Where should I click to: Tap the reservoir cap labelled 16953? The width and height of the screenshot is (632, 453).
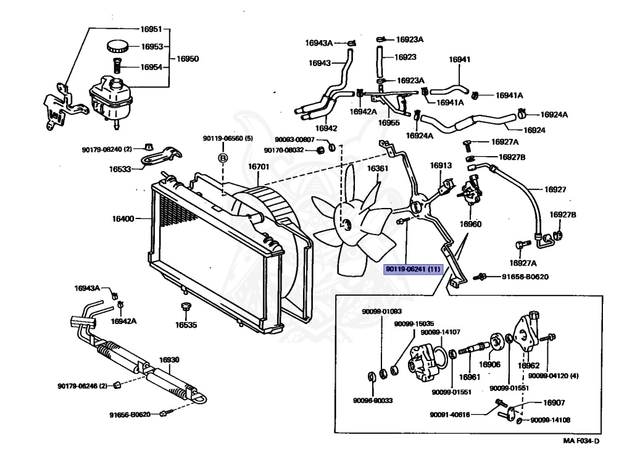pos(116,46)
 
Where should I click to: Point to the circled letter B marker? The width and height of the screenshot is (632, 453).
pos(223,158)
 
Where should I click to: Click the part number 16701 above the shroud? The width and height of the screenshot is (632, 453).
pos(259,167)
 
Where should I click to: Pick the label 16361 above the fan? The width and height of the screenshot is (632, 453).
pos(377,168)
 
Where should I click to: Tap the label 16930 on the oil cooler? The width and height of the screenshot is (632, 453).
pos(169,360)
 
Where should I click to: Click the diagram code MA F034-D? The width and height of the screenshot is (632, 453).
pos(581,441)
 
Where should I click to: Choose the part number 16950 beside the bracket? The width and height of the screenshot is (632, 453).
pos(188,59)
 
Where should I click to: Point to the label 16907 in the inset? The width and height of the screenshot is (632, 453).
pos(554,402)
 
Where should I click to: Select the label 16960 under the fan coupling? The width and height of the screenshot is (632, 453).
pos(470,224)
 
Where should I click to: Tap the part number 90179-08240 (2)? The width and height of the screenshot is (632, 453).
pos(107,149)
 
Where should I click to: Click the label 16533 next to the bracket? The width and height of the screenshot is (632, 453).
pos(121,168)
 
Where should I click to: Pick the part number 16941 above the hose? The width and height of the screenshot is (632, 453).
pos(459,60)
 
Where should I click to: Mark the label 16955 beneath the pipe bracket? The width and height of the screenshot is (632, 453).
pos(389,123)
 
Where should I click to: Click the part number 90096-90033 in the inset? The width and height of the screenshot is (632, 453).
pos(373,401)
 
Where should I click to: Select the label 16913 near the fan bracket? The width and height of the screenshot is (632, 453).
pos(441,165)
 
